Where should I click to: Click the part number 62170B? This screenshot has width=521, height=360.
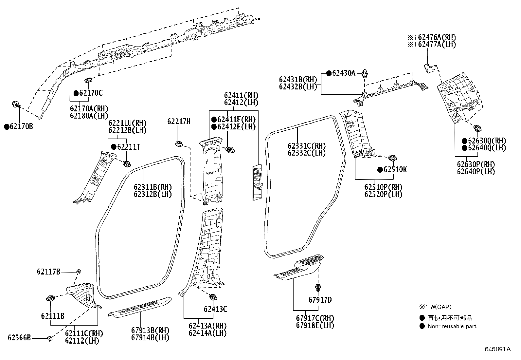click(21, 126)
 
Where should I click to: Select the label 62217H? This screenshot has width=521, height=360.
click(179, 122)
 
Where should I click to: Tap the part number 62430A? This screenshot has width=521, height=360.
click(344, 73)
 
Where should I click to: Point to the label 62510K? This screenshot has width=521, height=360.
click(395, 170)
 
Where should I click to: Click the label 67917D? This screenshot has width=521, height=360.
click(320, 300)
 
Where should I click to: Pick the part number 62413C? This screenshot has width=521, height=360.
click(215, 309)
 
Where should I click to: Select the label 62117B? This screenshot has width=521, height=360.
click(48, 272)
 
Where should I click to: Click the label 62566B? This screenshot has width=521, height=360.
click(19, 337)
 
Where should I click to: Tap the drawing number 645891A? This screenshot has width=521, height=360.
click(497, 349)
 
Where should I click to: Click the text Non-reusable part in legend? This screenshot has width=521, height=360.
click(452, 326)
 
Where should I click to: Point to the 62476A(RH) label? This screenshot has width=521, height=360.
click(437, 37)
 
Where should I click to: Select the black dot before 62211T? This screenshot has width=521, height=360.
click(114, 147)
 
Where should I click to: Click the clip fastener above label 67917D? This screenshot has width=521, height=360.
click(318, 288)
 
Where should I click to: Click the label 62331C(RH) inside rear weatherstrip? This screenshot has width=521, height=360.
click(307, 146)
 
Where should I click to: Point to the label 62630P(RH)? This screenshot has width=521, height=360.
click(476, 164)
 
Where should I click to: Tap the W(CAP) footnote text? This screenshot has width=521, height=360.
click(440, 307)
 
